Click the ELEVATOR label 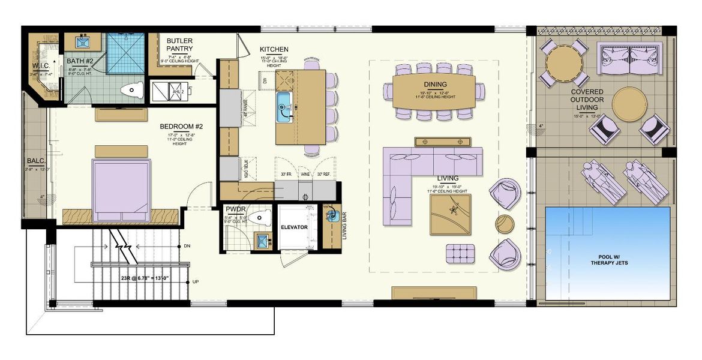pyautogui.click(x=294, y=227)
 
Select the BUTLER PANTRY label pyautogui.click(x=179, y=44)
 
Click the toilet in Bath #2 pyautogui.click(x=131, y=91)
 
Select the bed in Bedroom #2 pyautogui.click(x=121, y=187)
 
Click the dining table pyautogui.click(x=434, y=92)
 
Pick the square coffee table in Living pyautogui.click(x=451, y=214)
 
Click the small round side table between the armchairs pyautogui.click(x=505, y=223)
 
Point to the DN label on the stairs pyautogui.click(x=187, y=246)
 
